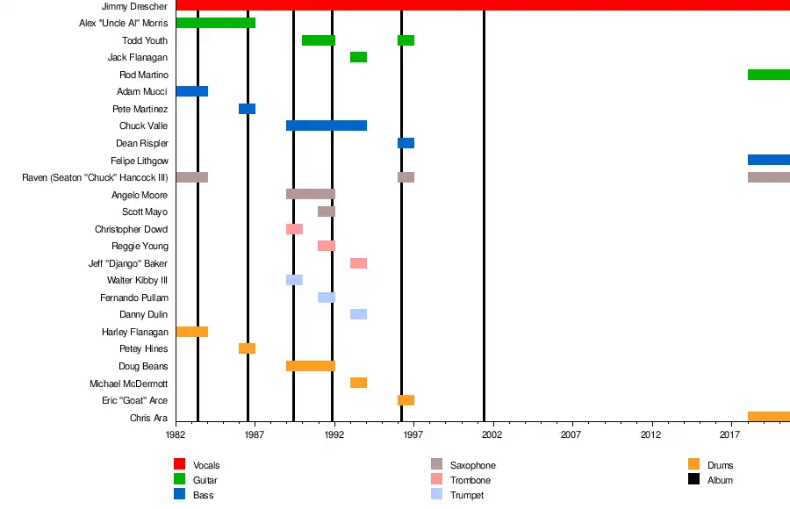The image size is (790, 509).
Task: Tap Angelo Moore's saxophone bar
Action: coord(310,194)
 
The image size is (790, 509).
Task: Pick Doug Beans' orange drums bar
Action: coord(310,366)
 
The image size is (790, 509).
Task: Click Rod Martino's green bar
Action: coord(768,75)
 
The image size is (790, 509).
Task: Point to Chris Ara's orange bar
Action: coord(768,417)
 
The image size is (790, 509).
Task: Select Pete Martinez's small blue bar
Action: coord(247,109)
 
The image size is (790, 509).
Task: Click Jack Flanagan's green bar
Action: coord(358,57)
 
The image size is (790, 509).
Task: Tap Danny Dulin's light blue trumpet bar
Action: coord(358,314)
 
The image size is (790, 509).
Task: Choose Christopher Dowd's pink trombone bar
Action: coord(294,229)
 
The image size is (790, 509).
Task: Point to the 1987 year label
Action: coord(255,434)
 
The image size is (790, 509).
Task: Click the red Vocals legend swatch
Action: coord(179,464)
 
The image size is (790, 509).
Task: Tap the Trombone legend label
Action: coord(470,480)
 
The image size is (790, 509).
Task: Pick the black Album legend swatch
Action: coord(693,479)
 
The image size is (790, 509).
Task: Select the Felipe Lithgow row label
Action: coord(139,161)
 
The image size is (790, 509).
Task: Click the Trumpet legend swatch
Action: coord(436,495)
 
